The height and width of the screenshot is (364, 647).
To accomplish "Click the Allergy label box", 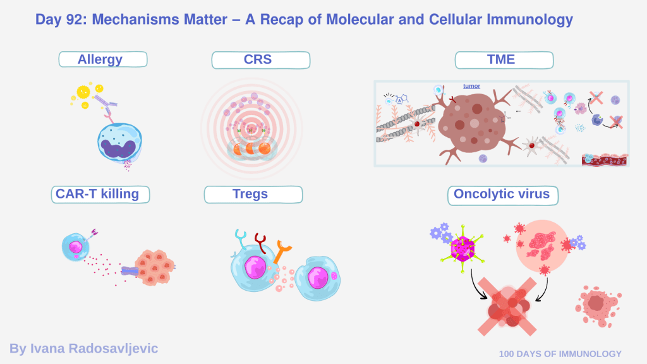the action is pyautogui.click(x=103, y=59).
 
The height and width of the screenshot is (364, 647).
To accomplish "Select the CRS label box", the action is pyautogui.click(x=261, y=60).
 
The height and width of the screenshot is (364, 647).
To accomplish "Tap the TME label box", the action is pyautogui.click(x=504, y=60).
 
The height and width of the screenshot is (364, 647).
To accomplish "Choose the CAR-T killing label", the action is pyautogui.click(x=100, y=195).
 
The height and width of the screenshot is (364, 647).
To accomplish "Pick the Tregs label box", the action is pyautogui.click(x=253, y=195).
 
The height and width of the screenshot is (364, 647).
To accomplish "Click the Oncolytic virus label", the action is pyautogui.click(x=503, y=195).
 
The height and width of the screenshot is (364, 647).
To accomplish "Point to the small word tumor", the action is pyautogui.click(x=471, y=86).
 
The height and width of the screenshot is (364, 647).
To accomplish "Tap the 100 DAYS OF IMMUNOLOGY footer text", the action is pyautogui.click(x=560, y=354).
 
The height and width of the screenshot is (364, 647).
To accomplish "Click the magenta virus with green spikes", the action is pyautogui.click(x=463, y=249).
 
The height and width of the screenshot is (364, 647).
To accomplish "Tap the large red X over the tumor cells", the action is pyautogui.click(x=507, y=306).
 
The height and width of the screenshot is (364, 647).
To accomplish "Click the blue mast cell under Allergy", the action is pyautogui.click(x=119, y=142).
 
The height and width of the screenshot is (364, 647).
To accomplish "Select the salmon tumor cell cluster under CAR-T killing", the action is pyautogui.click(x=154, y=267).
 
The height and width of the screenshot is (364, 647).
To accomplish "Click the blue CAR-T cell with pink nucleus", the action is pyautogui.click(x=75, y=247).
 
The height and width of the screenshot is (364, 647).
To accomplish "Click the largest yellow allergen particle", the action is pyautogui.click(x=83, y=92).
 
